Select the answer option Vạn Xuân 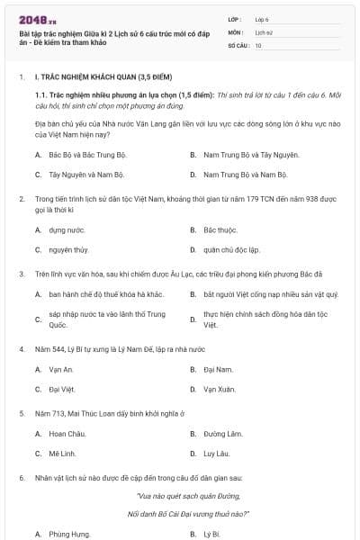(220, 389)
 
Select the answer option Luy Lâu (217, 453)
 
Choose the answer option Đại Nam (219, 369)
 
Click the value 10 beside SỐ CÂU (258, 44)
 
